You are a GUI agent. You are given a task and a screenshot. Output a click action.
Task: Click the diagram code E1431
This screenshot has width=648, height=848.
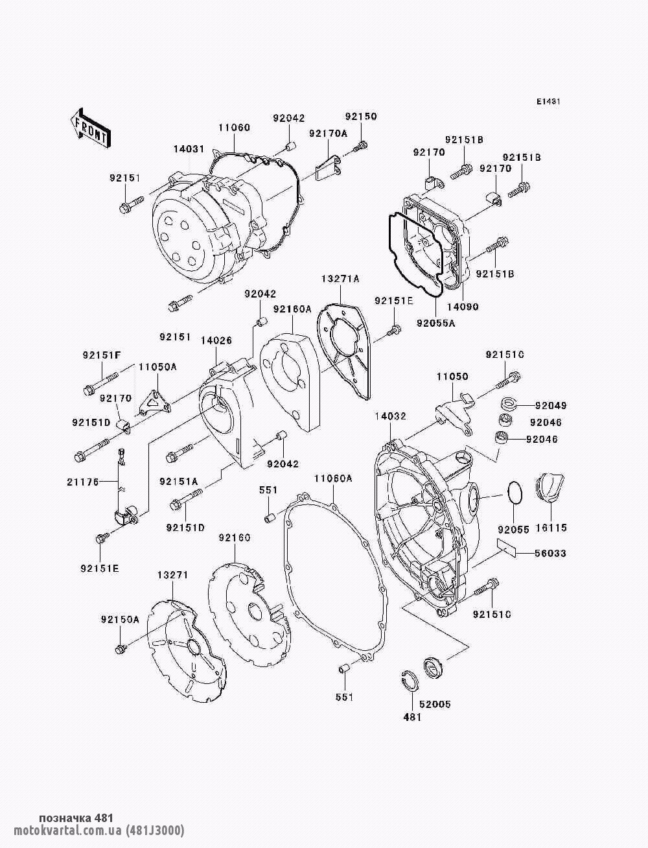click(x=548, y=102)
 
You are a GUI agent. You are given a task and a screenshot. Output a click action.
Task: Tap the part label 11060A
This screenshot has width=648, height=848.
click(x=333, y=478)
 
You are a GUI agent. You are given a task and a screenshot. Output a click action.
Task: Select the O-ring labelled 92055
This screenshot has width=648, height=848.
click(x=515, y=492)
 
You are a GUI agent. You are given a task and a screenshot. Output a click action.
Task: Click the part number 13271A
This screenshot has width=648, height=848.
click(x=340, y=279)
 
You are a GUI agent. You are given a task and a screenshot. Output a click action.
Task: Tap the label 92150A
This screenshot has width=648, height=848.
click(x=120, y=619)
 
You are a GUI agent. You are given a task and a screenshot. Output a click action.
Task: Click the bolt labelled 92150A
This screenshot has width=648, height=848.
click(x=120, y=649)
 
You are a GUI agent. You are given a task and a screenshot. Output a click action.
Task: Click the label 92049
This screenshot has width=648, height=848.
click(x=550, y=406)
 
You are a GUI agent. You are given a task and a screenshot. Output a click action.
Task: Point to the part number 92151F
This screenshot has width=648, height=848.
click(x=102, y=355)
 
